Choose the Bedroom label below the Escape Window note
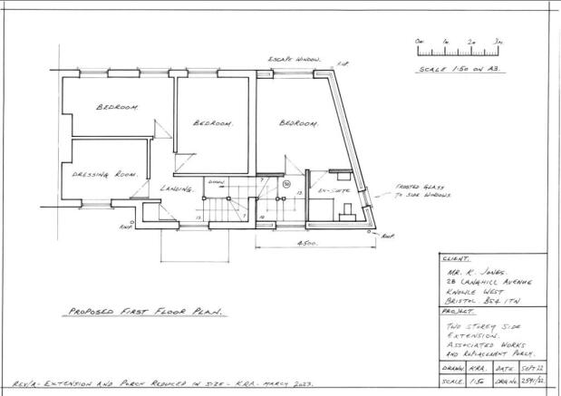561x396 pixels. (298, 122)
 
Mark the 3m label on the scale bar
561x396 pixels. (498, 42)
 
